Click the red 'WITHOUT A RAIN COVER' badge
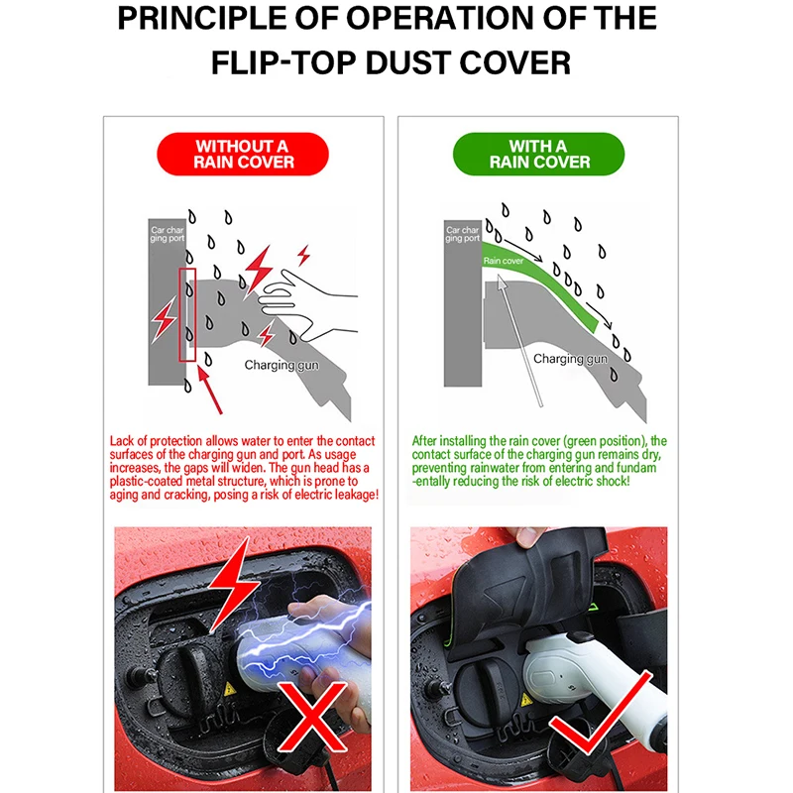tap(245, 155)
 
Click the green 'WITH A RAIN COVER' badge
tap(538, 155)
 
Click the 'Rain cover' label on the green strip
tap(503, 261)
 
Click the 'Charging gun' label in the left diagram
tap(283, 365)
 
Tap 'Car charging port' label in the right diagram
tap(462, 235)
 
